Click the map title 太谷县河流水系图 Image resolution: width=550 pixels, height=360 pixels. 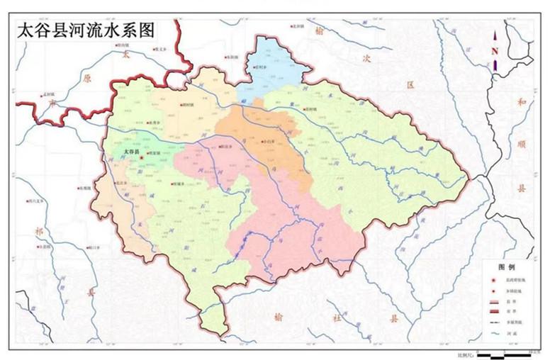point(84,30)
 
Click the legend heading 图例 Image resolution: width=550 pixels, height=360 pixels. point(506,267)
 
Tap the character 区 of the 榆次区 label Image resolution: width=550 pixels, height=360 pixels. point(409,84)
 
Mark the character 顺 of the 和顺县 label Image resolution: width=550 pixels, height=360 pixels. point(524,145)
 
